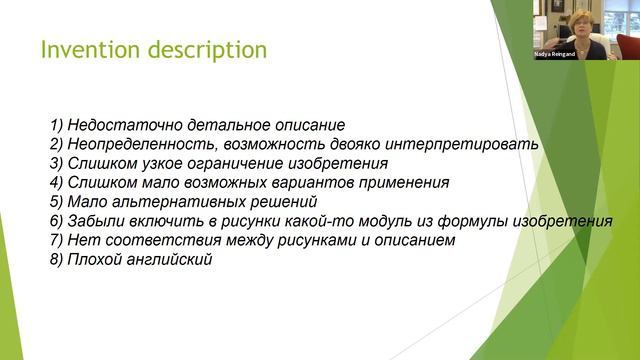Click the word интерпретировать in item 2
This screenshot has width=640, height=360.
(469, 144)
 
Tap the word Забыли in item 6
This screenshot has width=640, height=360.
(96, 221)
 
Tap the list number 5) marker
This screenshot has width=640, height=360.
(56, 202)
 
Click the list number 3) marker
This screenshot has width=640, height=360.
(56, 163)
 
